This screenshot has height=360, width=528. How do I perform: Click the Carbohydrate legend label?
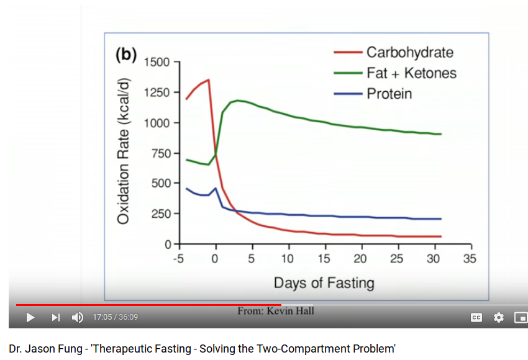coord(409,52)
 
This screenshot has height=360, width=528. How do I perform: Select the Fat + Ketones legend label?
coord(411,73)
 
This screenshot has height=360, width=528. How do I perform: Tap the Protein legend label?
coord(389,94)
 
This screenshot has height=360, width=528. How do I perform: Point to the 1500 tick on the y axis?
coord(157,63)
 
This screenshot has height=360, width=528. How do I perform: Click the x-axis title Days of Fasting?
coord(324,284)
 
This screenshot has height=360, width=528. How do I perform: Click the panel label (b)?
coord(125,55)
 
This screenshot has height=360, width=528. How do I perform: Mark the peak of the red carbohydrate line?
coord(209,79)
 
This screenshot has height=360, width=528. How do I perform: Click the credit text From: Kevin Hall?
coord(276,310)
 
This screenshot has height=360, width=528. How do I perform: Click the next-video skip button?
coord(55,318)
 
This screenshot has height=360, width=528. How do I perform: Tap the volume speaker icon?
coord(78,318)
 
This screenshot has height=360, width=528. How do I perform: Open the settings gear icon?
coord(498,318)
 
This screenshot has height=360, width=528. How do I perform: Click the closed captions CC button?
coord(476,318)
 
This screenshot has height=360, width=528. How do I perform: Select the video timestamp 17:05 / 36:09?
coord(115,318)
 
